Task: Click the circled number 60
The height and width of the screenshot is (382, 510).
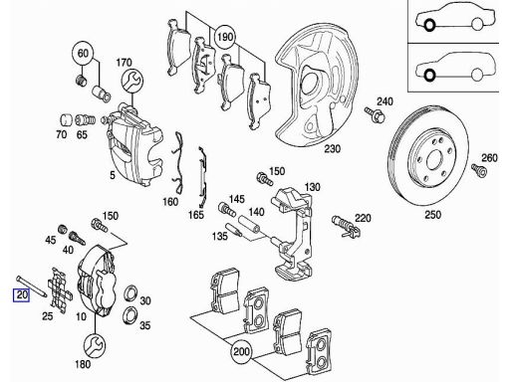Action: (x=82, y=53)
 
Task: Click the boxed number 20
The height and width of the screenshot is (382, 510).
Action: (x=20, y=294)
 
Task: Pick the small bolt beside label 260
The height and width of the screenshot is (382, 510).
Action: (x=480, y=172)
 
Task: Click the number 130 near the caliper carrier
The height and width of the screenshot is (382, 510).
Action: (x=311, y=187)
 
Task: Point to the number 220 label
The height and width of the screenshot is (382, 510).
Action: (x=363, y=216)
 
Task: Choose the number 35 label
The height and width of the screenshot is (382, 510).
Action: (x=143, y=324)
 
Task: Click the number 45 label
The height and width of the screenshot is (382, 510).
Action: (x=50, y=239)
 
